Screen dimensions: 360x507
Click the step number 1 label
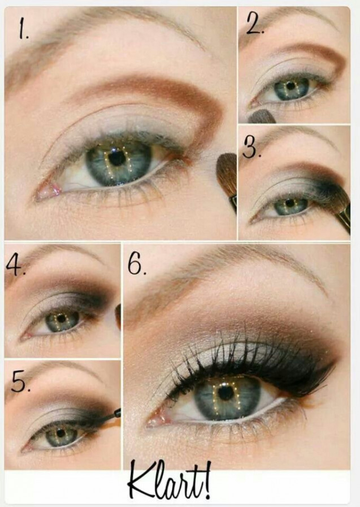tap(23, 28)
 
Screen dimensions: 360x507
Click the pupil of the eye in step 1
tap(117, 158)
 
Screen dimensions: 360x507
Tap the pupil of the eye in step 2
tap(290, 86)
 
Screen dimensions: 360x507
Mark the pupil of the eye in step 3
tap(290, 203)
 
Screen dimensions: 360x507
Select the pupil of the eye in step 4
tap(61, 318)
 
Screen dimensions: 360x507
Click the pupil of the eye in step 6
tap(225, 393)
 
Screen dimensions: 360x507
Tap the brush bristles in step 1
tap(227, 175)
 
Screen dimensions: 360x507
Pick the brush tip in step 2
tap(261, 117)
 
